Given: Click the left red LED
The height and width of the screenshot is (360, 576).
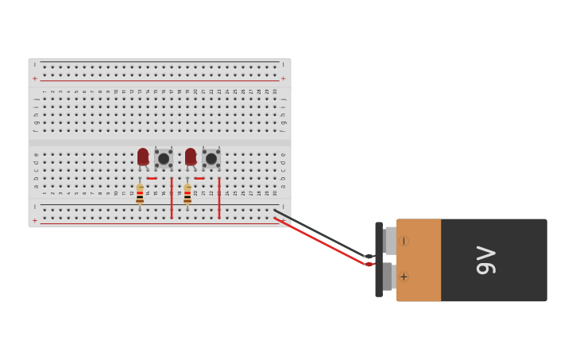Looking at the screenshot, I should (x=143, y=157).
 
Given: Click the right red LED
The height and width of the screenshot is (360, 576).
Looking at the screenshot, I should (x=191, y=157).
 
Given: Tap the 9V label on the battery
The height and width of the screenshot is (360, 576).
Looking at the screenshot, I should (x=485, y=260).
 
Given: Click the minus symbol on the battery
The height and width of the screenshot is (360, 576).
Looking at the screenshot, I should (x=404, y=241).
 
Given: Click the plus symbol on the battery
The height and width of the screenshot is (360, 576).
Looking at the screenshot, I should (x=404, y=277).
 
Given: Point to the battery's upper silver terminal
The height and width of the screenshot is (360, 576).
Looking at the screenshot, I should (x=390, y=240).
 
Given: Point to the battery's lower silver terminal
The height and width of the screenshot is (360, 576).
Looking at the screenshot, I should (x=389, y=277).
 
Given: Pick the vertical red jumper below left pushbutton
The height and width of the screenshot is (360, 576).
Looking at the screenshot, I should (x=172, y=199).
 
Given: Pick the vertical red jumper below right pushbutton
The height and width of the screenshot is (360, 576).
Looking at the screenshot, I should (x=219, y=199).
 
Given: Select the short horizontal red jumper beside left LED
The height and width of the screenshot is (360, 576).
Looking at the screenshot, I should (x=152, y=178).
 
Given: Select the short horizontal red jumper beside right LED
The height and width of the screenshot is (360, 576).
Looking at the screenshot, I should (x=199, y=178).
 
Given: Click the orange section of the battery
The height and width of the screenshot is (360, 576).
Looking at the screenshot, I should (x=419, y=260).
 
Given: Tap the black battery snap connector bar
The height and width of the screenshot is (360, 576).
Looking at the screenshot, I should (x=379, y=260).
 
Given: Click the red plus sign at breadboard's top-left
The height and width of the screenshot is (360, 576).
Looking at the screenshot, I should (x=34, y=79).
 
